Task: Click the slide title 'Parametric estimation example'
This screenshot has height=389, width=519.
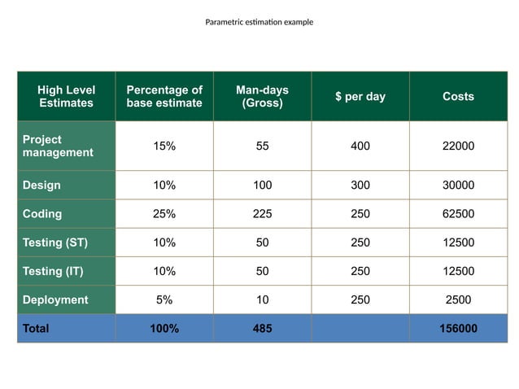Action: click(259, 22)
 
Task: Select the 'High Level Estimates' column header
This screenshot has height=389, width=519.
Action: click(66, 96)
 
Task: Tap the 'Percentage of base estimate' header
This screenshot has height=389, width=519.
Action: click(164, 96)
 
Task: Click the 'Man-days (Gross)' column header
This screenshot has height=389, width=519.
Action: click(262, 96)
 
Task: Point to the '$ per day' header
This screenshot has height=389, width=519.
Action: click(360, 96)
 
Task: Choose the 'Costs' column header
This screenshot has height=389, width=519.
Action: click(458, 96)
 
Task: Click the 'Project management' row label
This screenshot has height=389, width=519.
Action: click(58, 146)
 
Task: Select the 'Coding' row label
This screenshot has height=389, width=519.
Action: click(42, 214)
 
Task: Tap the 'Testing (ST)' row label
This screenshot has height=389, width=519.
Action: click(55, 243)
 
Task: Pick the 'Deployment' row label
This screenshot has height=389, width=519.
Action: click(55, 299)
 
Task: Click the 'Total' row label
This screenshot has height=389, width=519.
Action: click(36, 329)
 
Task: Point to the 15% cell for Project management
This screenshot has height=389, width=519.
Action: click(164, 146)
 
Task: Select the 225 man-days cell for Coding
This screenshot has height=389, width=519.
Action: click(262, 214)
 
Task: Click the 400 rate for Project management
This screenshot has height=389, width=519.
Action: click(360, 146)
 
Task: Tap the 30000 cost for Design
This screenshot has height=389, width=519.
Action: click(458, 186)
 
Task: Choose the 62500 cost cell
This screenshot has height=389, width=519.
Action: click(458, 214)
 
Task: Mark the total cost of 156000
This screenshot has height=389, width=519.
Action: click(458, 329)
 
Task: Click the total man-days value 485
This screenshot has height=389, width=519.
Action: click(262, 329)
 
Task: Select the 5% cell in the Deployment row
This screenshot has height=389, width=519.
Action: click(164, 299)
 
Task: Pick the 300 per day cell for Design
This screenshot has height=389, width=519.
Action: click(360, 186)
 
